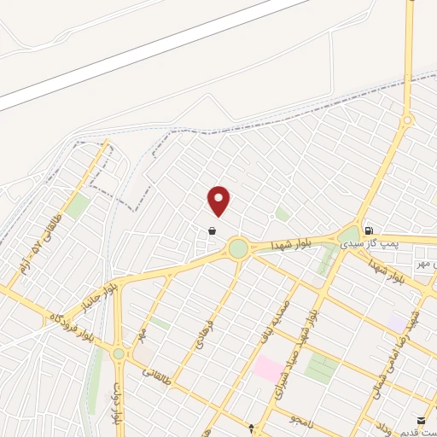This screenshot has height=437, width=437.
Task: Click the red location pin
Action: point(219,200)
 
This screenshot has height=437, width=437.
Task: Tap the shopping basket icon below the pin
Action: point(211,230)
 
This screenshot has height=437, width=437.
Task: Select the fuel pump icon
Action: point(369,230)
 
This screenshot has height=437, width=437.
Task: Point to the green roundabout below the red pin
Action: point(238,249)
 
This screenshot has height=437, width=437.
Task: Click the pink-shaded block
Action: point(268,370)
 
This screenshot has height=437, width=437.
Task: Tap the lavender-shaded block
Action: point(398,323)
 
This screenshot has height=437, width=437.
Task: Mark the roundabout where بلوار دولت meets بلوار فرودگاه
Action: point(118,353)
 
